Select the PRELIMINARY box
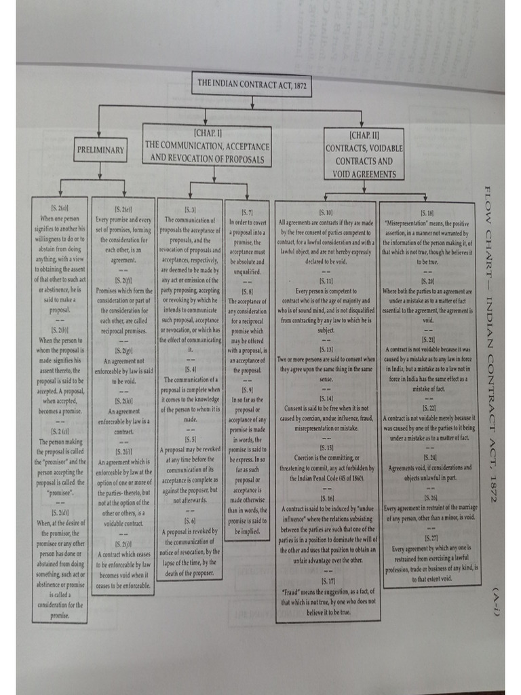point(100,150)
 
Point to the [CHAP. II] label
point(364,136)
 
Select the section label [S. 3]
point(189,211)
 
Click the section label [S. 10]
point(326,212)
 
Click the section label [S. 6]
point(189,520)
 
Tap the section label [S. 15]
point(326,448)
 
